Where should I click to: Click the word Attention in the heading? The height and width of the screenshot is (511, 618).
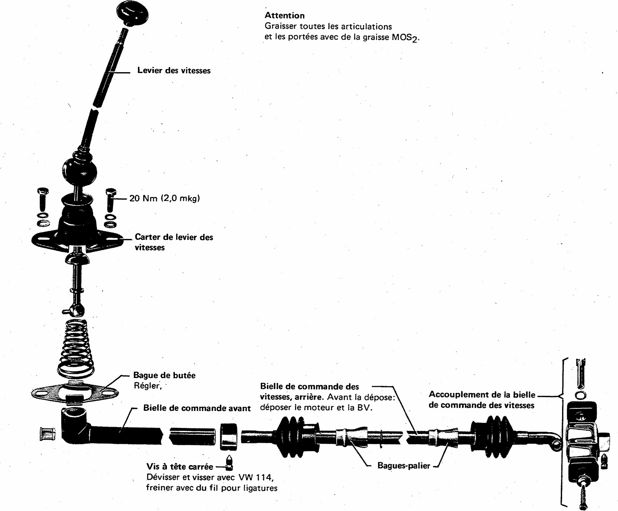(285, 15)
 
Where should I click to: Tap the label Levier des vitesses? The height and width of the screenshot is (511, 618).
(174, 70)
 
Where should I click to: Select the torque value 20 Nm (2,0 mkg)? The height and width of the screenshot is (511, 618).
(164, 198)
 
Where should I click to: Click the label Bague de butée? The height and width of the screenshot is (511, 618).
(164, 375)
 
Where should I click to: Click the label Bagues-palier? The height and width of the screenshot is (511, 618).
(404, 466)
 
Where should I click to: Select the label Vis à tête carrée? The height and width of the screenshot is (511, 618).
(179, 466)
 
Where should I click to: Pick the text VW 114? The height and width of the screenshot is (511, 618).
(256, 477)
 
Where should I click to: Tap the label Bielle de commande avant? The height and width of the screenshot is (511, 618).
(197, 408)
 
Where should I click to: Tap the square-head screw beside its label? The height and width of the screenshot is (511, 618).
(229, 462)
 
